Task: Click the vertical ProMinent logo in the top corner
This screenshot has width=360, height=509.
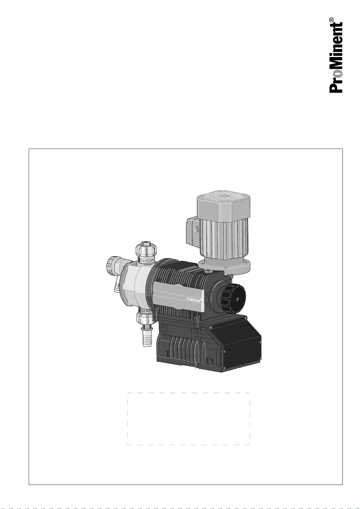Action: tap(336, 58)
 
